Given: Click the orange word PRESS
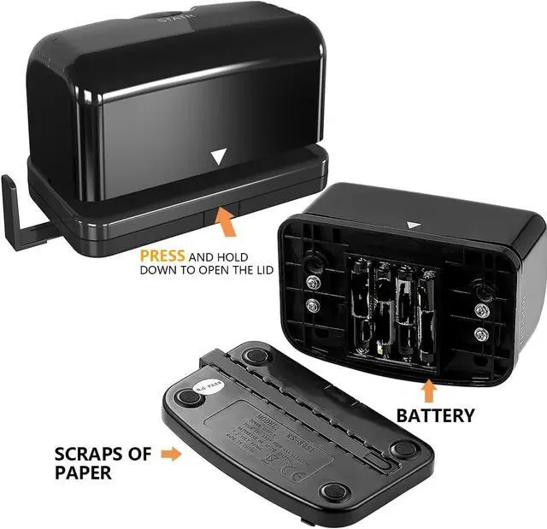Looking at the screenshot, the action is click(162, 256).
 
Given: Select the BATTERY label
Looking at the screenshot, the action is click(435, 415).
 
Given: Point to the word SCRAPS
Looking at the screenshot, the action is click(86, 454).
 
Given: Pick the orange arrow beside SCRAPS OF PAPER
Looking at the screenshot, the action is click(170, 455).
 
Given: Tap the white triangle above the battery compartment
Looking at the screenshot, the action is click(414, 226).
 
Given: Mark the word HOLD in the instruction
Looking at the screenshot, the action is click(230, 256).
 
